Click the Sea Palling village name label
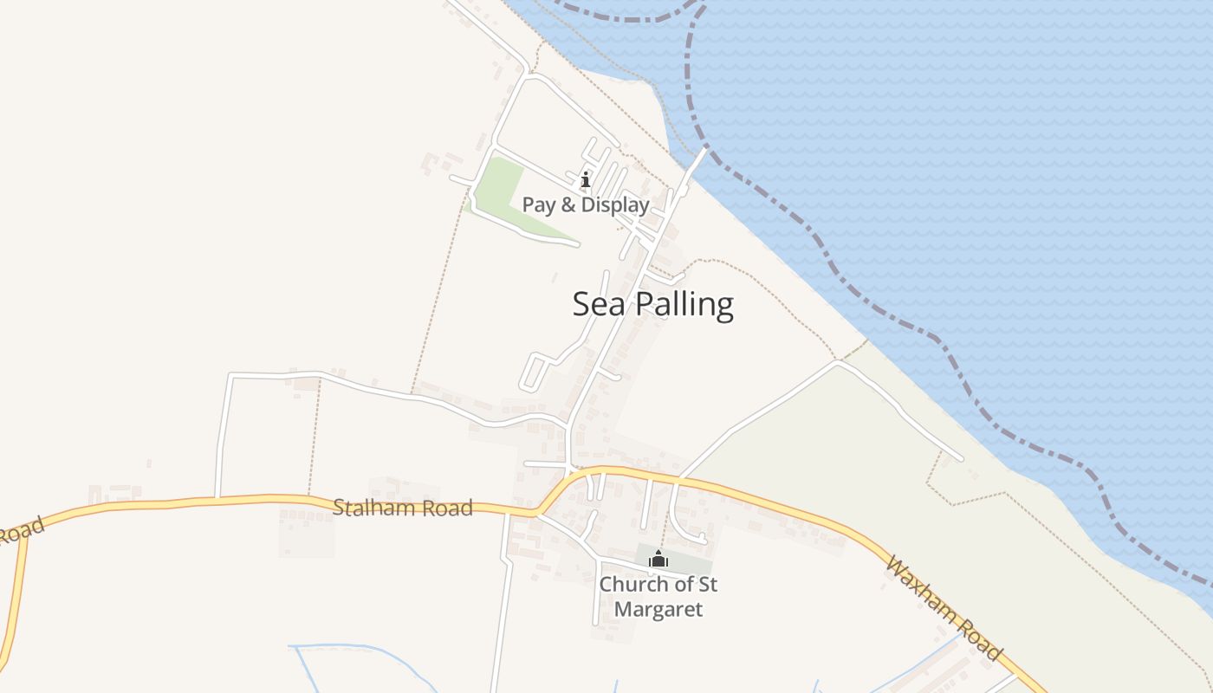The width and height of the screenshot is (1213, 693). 652,305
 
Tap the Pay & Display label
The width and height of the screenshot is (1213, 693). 585,205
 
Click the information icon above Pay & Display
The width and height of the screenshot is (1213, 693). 586,180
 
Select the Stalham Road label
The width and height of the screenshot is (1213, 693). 403,508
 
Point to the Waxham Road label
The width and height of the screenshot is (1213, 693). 943,608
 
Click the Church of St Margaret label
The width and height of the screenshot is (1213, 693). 658,597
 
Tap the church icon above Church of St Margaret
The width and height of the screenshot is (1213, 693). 658,560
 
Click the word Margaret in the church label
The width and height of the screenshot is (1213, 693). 658,610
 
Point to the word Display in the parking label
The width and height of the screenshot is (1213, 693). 615,205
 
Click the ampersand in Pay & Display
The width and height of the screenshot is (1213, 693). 569,205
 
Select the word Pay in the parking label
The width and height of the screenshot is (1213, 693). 540,206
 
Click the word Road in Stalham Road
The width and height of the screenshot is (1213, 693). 447,508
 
